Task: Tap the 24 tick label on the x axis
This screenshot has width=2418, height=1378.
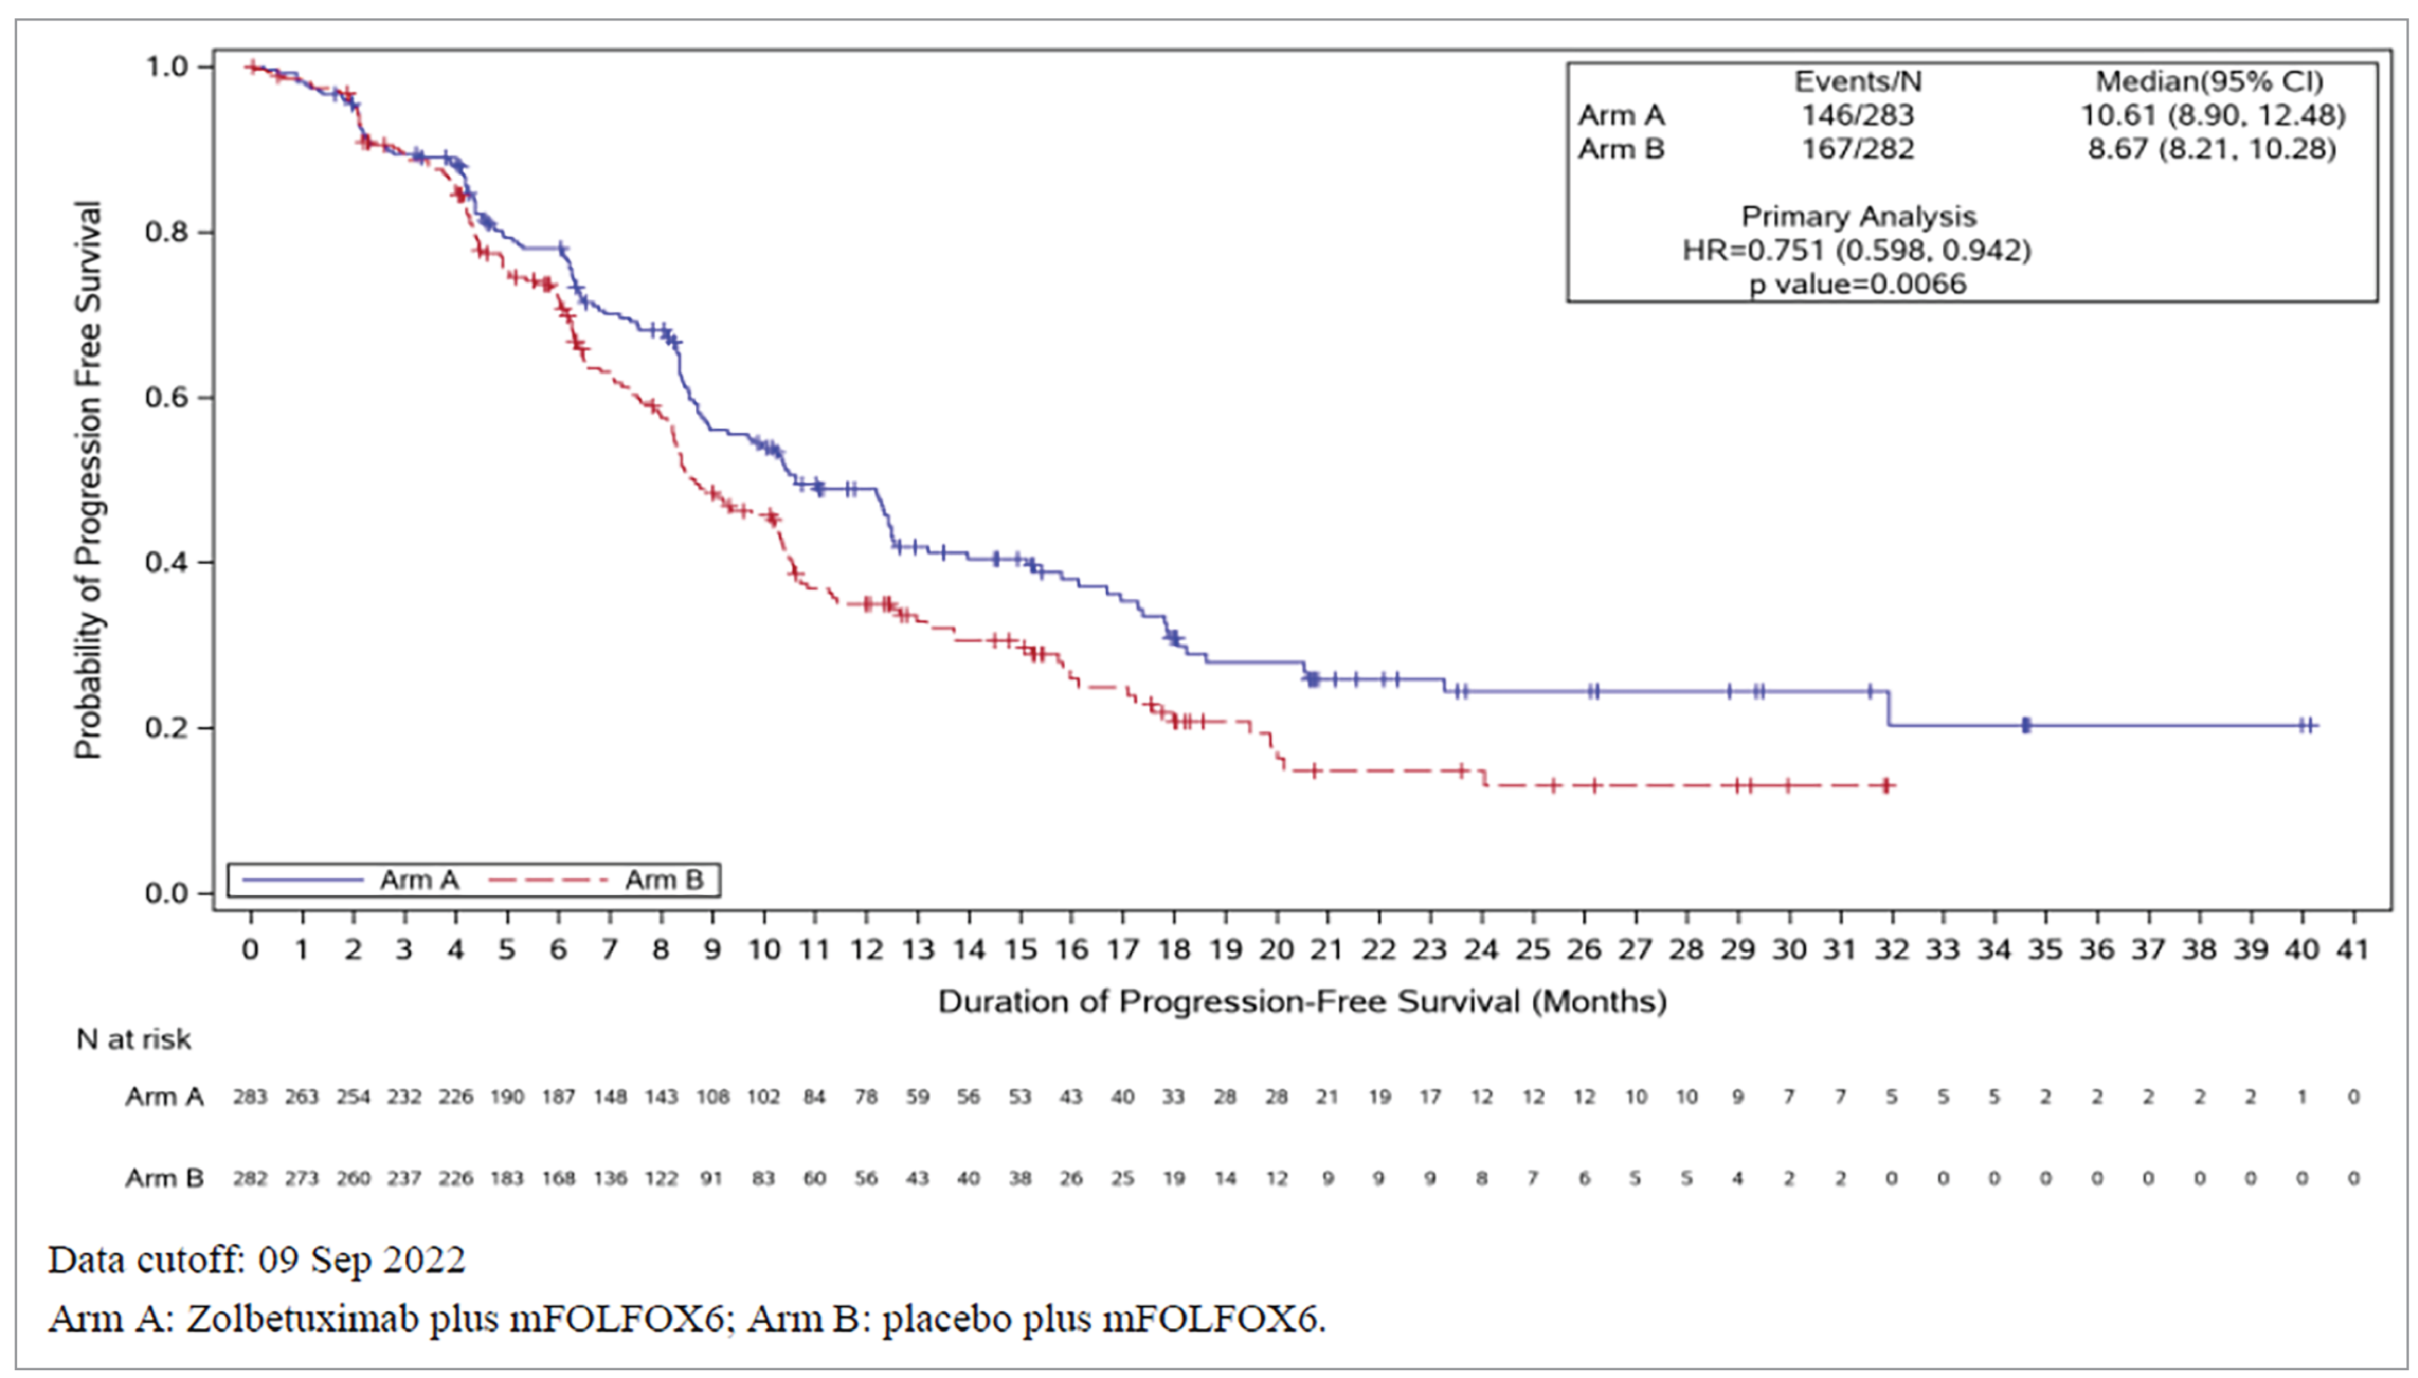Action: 1482,949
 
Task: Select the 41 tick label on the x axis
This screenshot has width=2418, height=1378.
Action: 2353,949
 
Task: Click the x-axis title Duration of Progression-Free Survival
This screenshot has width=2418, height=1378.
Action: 1302,1001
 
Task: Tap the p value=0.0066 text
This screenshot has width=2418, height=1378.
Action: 1857,284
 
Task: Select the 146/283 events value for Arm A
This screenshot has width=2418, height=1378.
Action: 1857,115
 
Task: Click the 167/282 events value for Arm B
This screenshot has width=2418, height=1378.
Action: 1857,150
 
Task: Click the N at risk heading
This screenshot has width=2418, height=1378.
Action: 134,1039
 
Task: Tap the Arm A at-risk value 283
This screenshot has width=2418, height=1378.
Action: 251,1097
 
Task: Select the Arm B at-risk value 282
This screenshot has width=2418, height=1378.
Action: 251,1178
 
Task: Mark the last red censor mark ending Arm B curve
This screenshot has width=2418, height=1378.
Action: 1886,785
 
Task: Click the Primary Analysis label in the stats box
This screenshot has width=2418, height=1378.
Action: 1858,217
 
